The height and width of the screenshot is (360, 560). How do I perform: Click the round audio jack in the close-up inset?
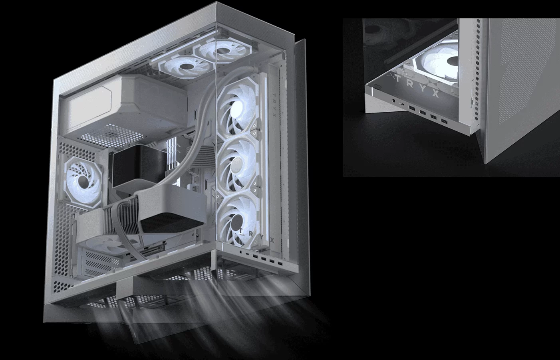pos(394,101)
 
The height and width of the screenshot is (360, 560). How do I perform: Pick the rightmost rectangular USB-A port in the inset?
pos(444,122)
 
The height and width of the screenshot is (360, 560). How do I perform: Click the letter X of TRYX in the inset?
pos(436,93)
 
